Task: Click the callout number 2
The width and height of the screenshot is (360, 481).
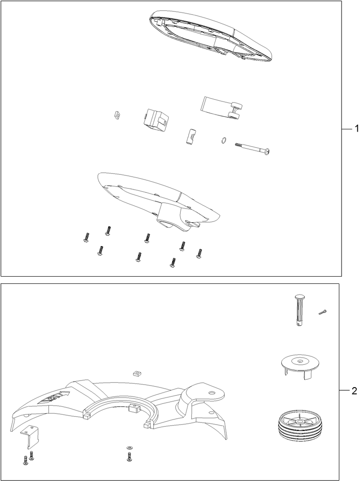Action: (x=355, y=391)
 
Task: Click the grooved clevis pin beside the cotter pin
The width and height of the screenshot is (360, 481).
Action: (x=299, y=310)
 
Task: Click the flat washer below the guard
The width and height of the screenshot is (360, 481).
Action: (x=129, y=448)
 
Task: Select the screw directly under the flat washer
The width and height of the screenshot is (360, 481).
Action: (x=129, y=457)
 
